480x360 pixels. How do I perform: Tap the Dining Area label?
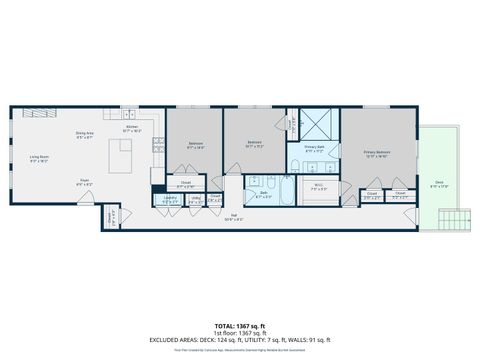[85, 136]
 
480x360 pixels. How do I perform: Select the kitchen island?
[123, 154]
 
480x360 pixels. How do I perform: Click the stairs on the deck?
[455, 220]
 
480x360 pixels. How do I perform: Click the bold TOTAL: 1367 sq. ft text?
[240, 326]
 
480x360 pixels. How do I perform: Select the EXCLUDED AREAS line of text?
[240, 340]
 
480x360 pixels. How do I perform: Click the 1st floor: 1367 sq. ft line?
[240, 333]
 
